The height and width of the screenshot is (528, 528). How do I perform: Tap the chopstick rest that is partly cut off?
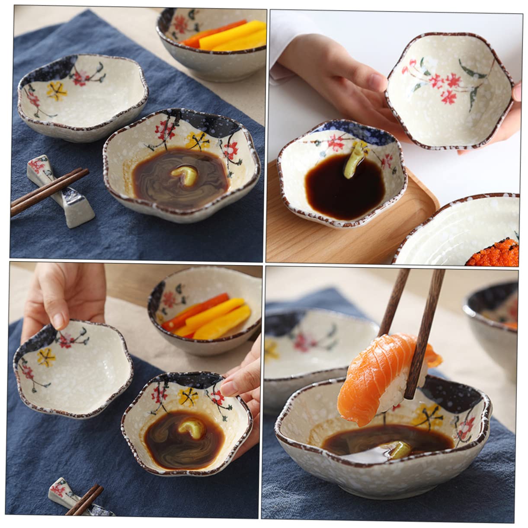(x=65, y=497)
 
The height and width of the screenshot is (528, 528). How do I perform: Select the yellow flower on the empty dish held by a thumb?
(x=45, y=357)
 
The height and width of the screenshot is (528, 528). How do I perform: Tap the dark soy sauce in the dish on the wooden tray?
(x=342, y=190)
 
